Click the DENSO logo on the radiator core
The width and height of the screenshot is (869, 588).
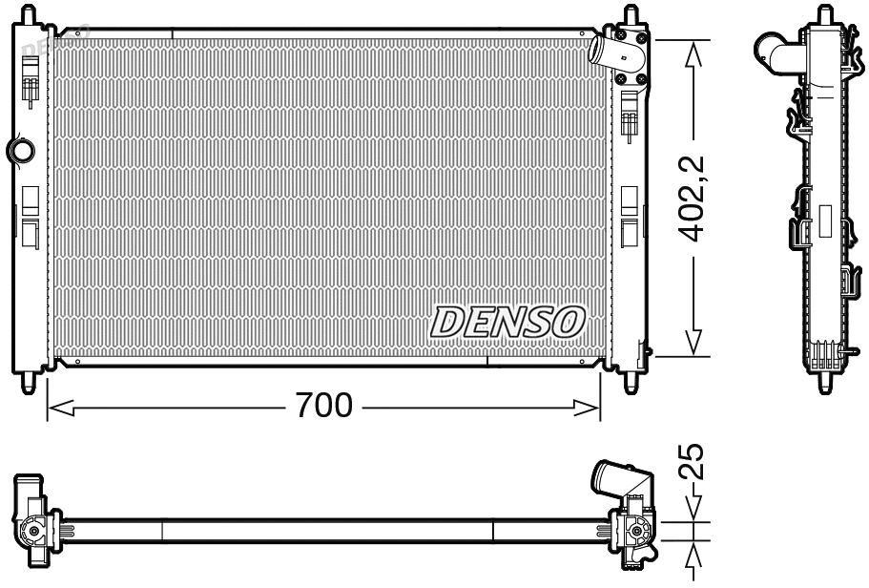(507, 323)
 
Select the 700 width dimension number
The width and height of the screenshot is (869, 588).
(323, 407)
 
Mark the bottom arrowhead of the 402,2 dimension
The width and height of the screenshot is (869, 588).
(693, 344)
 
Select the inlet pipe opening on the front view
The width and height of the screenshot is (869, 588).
(597, 50)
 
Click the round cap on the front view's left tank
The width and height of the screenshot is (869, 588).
(19, 149)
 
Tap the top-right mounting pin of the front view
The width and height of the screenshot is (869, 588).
(631, 13)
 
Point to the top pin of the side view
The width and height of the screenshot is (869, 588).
(822, 13)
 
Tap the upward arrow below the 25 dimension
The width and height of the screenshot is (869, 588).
(693, 557)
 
